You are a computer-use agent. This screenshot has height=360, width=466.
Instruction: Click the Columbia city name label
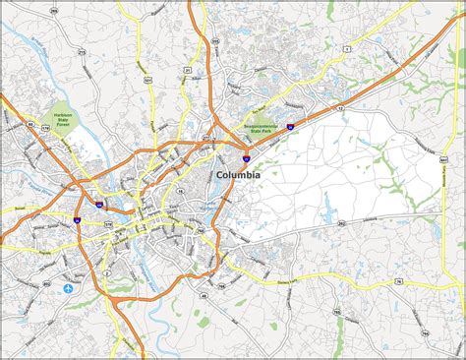237,174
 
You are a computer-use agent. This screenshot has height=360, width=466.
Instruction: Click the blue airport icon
69,289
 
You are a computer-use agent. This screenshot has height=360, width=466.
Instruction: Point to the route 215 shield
214,41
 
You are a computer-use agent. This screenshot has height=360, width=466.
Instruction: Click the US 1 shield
347,36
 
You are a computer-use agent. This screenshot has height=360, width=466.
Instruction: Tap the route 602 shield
46,283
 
